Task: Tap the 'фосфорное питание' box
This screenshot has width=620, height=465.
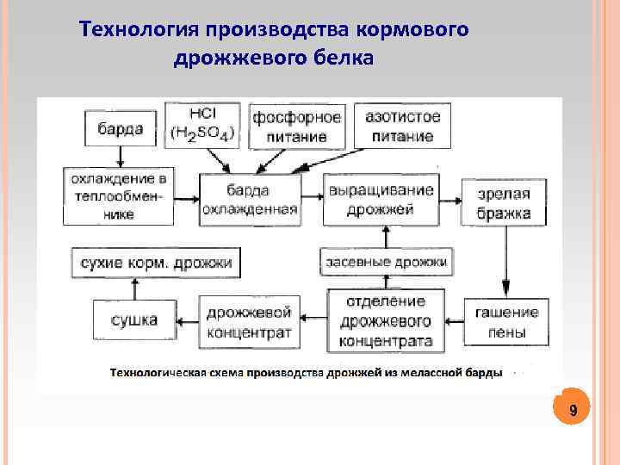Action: click(x=296, y=126)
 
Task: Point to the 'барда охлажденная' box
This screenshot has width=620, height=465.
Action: click(x=251, y=200)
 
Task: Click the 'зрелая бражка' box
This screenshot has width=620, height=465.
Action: click(x=503, y=202)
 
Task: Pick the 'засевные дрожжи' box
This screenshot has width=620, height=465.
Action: click(x=387, y=261)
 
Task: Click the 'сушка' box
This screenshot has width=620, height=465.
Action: click(x=134, y=321)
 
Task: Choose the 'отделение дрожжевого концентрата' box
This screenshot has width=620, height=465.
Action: click(x=386, y=321)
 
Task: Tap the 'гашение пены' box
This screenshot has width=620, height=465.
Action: click(x=505, y=321)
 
